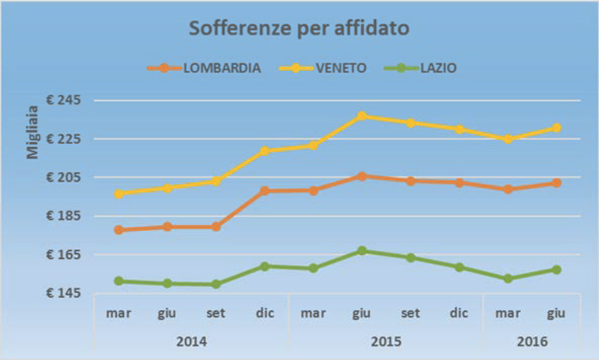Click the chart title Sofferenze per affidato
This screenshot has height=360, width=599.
[x=299, y=29]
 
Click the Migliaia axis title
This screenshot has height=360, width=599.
[x=33, y=132]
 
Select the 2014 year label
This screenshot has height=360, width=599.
[x=191, y=341]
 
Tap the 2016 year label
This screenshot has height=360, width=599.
[x=532, y=341]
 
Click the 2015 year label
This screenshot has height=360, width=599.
[x=386, y=341]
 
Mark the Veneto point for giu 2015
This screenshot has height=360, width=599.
[x=362, y=116]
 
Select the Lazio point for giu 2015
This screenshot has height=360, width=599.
[x=362, y=251]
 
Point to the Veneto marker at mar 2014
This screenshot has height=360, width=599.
[x=119, y=193]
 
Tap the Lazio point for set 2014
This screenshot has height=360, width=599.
[x=216, y=284]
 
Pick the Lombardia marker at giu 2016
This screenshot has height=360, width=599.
[x=556, y=183]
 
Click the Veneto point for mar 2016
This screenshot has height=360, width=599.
[x=508, y=139]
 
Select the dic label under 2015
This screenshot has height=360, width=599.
[x=459, y=313]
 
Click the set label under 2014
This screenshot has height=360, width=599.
[x=216, y=313]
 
